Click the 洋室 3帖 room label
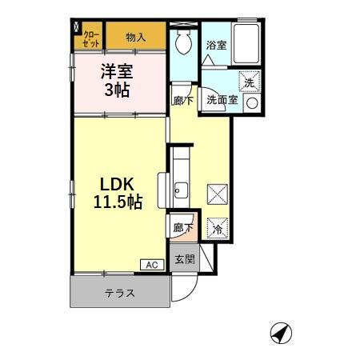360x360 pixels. [x=117, y=79]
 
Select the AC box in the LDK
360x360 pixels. [x=151, y=265]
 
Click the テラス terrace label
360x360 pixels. [x=119, y=293]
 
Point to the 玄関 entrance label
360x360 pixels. [x=182, y=260]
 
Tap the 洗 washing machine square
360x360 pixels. [x=250, y=82]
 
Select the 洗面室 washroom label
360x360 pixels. [x=221, y=101]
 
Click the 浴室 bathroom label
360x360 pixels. [x=215, y=46]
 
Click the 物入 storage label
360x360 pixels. [x=136, y=37]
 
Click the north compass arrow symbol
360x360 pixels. [x=279, y=332]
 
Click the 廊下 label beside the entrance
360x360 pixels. [x=182, y=228]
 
